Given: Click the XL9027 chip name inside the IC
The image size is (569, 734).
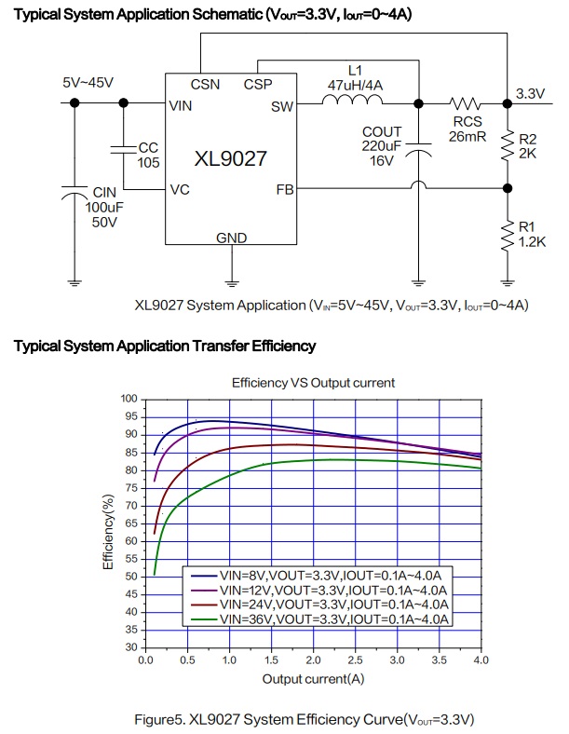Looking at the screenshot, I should (230, 158).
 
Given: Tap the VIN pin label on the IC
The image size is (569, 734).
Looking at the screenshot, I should (181, 106).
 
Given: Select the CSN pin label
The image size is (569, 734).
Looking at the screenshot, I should (205, 84).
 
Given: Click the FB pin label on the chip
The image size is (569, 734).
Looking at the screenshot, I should (285, 189).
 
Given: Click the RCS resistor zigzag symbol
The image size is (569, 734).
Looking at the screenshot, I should (462, 103).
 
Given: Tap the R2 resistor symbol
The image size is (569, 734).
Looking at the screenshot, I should (508, 145).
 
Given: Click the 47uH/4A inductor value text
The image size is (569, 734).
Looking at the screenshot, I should (353, 84).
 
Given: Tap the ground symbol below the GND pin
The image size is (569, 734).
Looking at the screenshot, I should (231, 279).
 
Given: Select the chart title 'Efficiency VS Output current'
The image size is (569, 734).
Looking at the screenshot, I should (313, 382).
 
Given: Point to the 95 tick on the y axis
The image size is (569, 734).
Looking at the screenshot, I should (129, 416).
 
